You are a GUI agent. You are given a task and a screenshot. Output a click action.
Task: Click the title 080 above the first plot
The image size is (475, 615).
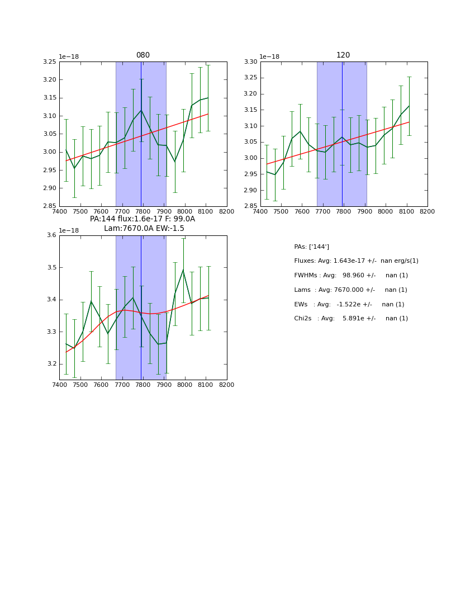click(143, 55)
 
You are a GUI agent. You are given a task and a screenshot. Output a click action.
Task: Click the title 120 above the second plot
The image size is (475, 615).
click(343, 55)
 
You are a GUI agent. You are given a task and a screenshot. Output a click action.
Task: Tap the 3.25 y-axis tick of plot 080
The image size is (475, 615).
click(50, 61)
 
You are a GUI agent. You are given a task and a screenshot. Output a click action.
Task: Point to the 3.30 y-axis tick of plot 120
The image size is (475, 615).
click(251, 61)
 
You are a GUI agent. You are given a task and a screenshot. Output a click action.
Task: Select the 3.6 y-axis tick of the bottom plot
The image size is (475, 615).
click(51, 235)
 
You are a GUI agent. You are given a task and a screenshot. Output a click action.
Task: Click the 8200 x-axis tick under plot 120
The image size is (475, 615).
click(427, 211)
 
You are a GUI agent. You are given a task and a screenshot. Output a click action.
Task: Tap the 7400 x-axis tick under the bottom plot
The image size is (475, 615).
click(59, 385)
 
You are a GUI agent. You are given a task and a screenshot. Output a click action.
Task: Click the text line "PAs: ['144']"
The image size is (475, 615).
click(311, 247)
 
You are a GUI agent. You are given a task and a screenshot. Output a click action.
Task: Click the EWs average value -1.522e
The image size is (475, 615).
click(350, 304)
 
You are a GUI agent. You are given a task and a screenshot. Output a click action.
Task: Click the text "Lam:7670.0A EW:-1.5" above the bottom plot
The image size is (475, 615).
click(144, 229)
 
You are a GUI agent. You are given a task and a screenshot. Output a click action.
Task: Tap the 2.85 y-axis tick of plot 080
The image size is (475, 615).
click(50, 206)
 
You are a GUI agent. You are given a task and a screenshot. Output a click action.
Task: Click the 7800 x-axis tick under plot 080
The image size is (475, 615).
click(143, 211)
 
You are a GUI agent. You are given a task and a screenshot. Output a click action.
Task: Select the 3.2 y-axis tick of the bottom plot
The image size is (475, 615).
click(51, 364)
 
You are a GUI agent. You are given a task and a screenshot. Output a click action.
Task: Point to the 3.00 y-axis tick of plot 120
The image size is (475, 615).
click(251, 158)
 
